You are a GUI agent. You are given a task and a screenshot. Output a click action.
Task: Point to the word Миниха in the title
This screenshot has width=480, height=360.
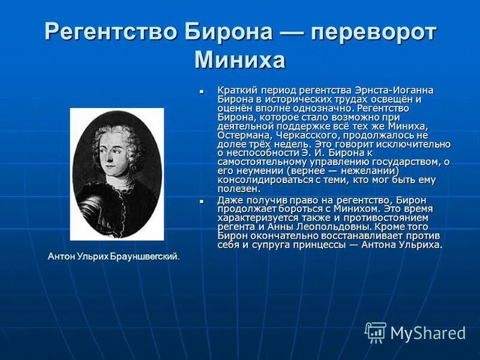tap(240, 60)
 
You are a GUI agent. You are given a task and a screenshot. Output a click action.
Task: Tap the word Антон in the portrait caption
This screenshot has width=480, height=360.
tap(61, 256)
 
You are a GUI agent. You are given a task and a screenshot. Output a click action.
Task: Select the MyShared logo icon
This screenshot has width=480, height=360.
tap(376, 332)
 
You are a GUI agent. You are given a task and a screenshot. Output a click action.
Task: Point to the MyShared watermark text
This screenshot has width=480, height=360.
tap(428, 333)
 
